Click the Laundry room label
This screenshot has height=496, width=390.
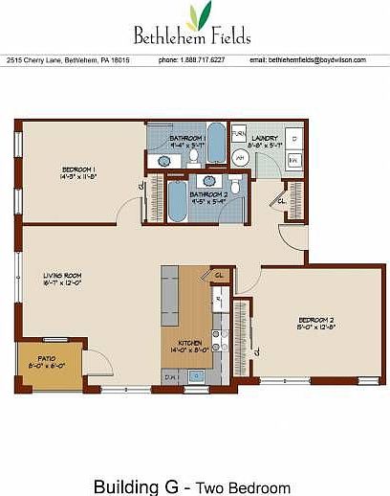pos(265,138)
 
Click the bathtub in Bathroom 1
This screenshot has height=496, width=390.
pos(215,143)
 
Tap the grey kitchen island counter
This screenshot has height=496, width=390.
pos(170,292)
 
